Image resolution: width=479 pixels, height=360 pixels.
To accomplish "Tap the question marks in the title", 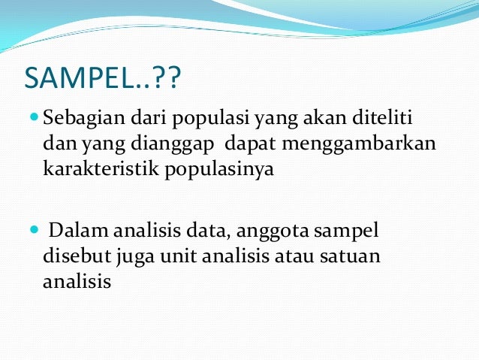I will [163, 77].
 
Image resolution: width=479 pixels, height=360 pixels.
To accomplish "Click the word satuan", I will [351, 256].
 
